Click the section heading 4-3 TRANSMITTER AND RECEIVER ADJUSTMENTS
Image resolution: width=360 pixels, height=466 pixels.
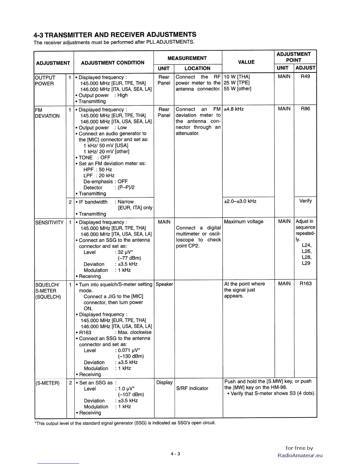(115, 35)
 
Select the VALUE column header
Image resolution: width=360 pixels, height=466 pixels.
(246, 62)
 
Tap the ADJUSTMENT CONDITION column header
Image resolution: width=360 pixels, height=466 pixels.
(113, 63)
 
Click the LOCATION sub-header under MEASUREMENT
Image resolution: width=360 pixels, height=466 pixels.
(197, 68)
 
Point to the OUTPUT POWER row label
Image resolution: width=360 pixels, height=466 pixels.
(45, 81)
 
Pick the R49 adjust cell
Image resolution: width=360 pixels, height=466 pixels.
(305, 76)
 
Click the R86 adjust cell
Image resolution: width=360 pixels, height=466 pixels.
(305, 109)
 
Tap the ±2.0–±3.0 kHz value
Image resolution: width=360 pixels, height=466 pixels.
(240, 201)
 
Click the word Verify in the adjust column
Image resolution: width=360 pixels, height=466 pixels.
(305, 201)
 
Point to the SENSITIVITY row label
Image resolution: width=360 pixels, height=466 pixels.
(49, 222)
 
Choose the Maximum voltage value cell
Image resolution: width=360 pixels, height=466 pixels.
(244, 222)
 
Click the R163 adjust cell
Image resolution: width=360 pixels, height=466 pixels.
(305, 284)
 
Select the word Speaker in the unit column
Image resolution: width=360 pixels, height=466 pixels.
(164, 284)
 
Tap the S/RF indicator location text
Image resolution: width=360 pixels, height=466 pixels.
(192, 388)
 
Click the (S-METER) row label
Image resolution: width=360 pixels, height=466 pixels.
(47, 383)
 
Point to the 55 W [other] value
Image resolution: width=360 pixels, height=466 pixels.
(237, 89)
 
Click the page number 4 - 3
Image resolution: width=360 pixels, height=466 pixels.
(175, 454)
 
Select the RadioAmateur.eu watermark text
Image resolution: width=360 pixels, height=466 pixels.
(300, 455)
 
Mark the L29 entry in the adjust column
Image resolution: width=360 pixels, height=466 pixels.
(306, 263)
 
